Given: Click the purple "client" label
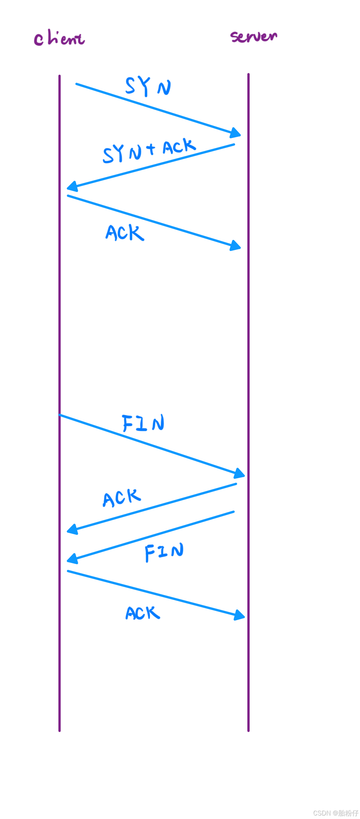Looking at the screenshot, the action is (x=59, y=39).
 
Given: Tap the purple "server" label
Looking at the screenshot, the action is (x=254, y=36).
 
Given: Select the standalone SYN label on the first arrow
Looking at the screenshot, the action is (x=148, y=86).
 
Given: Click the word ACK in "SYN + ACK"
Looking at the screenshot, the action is (x=179, y=146).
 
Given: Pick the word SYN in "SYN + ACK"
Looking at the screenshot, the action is (x=122, y=154).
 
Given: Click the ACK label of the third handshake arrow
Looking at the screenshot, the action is (x=125, y=233).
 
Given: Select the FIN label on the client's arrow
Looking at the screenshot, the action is (x=143, y=423).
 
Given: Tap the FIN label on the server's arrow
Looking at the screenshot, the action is (x=164, y=552).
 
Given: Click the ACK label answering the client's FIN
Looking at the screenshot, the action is (x=122, y=498).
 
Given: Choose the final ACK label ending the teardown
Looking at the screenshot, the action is (x=143, y=613).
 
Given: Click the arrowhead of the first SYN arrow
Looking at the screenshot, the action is (x=235, y=133).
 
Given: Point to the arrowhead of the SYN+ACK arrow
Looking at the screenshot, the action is (x=72, y=187).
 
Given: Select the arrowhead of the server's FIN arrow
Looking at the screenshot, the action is (x=72, y=559).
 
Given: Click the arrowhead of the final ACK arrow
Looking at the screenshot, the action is (x=240, y=615).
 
